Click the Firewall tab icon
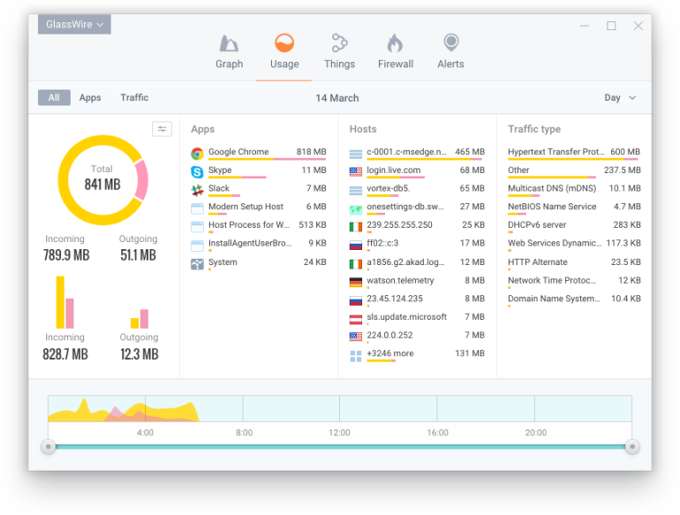[x=395, y=43]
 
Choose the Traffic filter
[x=135, y=98]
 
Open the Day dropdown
[x=620, y=98]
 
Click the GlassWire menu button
[x=74, y=25]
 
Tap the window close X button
[x=637, y=26]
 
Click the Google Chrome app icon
[x=197, y=152]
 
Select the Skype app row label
[x=220, y=170]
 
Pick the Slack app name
[x=219, y=188]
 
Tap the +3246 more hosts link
[x=390, y=354]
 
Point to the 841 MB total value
[x=102, y=184]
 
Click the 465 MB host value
[x=469, y=152]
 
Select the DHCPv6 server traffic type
[x=537, y=225]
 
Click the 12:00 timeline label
[x=339, y=433]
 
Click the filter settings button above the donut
[x=162, y=129]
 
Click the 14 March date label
[x=337, y=98]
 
